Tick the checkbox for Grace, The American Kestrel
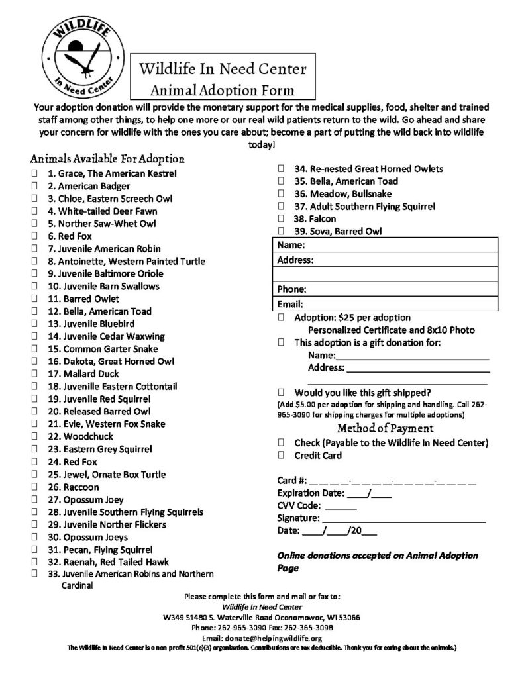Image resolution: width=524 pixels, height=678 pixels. (34, 173)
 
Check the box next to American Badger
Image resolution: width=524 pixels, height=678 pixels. (34, 186)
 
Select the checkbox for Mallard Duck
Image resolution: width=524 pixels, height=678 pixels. (34, 373)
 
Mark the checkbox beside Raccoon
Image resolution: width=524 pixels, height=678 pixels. (34, 487)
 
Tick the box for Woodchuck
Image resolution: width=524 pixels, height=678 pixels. (34, 436)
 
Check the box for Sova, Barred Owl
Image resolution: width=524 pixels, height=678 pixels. (281, 231)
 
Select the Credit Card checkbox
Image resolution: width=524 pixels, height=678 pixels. (281, 456)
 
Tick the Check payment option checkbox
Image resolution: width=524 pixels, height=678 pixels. (281, 442)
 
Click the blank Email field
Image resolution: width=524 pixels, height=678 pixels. (397, 305)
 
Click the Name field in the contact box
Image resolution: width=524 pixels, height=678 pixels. (397, 245)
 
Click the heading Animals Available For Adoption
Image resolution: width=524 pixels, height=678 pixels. (107, 159)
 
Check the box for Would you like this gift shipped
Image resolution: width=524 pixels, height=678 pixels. (281, 391)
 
